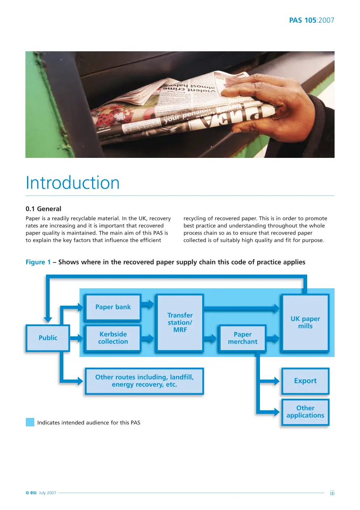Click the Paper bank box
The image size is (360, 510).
[x=113, y=307]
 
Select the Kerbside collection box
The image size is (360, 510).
[x=113, y=338]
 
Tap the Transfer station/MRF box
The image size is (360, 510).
[x=180, y=323]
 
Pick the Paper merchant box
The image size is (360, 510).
[x=243, y=338]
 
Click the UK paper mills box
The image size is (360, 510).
[x=305, y=323]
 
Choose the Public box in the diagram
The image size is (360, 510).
[x=48, y=338]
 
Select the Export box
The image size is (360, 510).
[x=305, y=381]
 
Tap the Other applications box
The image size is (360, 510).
[x=305, y=412]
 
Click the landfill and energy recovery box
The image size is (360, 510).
[x=144, y=381]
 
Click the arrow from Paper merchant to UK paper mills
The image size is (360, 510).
[x=272, y=338]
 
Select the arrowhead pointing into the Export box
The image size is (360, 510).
[x=277, y=381]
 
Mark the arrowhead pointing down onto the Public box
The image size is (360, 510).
[x=48, y=320]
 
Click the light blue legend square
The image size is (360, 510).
[x=30, y=422]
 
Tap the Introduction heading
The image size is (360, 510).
[x=72, y=183]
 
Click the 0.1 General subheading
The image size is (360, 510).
[x=43, y=209]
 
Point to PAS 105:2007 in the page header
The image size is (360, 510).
[x=312, y=20]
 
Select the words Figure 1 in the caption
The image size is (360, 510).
[x=38, y=262]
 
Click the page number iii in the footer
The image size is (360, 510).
[x=332, y=493]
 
